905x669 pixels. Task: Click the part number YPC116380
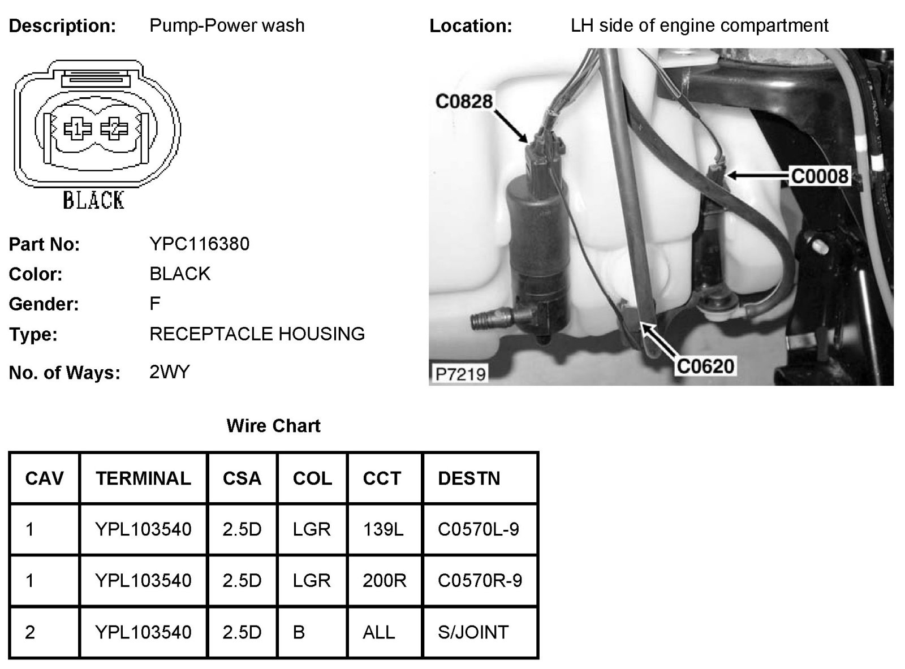tap(199, 244)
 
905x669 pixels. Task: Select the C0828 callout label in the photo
tap(464, 101)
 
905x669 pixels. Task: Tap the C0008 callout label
tap(820, 176)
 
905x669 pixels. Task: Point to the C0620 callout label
tap(705, 366)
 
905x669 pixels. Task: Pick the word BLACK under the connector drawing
tap(93, 200)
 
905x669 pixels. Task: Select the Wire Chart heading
tap(273, 426)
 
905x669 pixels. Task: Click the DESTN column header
tap(469, 478)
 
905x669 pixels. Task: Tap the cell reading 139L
tap(383, 529)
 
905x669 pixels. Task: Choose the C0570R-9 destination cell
tap(480, 581)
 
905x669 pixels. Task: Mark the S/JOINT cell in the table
tap(473, 632)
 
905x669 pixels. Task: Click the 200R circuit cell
tap(384, 581)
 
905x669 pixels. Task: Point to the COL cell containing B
tap(299, 632)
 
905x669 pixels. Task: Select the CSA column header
tap(242, 478)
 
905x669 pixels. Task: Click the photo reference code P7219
tap(460, 374)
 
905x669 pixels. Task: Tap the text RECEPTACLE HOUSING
tap(257, 334)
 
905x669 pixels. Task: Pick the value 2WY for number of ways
tap(169, 372)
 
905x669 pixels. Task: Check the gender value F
tap(155, 304)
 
